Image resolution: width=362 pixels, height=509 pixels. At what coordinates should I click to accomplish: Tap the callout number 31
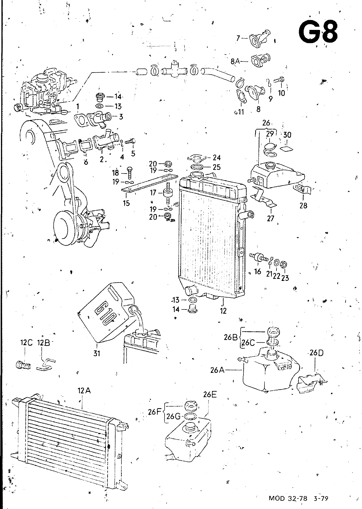(x=97, y=353)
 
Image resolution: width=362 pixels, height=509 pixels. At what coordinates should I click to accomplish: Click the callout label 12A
(x=84, y=391)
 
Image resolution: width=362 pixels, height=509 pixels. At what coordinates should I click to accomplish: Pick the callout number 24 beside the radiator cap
(x=217, y=157)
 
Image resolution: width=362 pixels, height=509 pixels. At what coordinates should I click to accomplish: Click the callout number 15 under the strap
(x=126, y=203)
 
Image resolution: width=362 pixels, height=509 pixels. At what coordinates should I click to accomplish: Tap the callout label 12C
(x=27, y=342)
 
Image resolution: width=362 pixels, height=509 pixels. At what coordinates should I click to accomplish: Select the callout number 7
(x=238, y=38)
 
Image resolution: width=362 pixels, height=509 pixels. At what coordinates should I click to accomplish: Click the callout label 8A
(x=235, y=61)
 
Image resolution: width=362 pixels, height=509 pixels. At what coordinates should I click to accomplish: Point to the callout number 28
(x=303, y=206)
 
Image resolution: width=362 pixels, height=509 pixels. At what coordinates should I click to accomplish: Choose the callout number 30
(x=287, y=135)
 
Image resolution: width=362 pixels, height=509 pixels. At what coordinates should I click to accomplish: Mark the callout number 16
(x=258, y=271)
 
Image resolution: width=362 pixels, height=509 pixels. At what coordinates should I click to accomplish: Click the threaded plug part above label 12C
(x=24, y=366)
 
